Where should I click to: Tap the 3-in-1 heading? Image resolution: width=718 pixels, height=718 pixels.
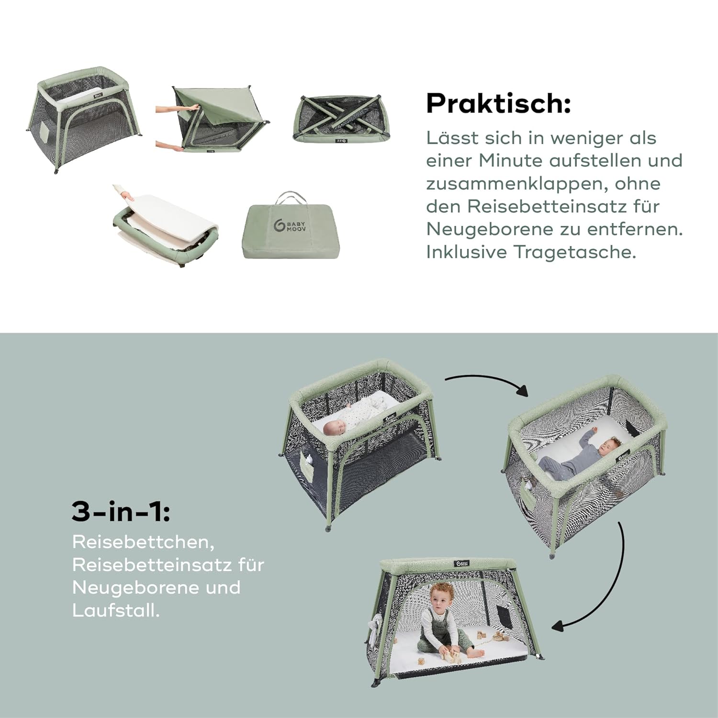[x=121, y=511]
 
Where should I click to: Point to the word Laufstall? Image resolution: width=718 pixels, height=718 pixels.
[x=116, y=610]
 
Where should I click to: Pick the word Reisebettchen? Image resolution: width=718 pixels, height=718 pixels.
[x=143, y=542]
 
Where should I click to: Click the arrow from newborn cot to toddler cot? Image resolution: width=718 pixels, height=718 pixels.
[x=488, y=381]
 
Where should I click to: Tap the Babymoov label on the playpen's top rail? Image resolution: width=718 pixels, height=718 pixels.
[x=462, y=564]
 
